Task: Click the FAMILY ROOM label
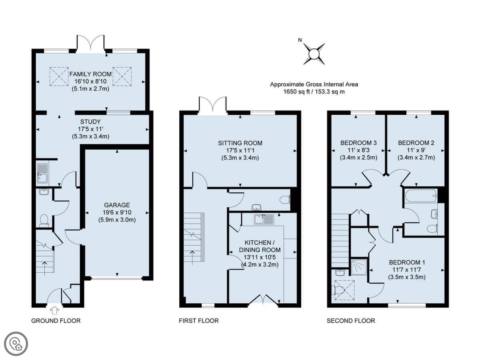coord(90,74)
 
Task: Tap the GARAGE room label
coord(117,205)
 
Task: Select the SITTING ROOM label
coord(240,143)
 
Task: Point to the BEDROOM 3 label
coord(358,143)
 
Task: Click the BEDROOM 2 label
coord(416,143)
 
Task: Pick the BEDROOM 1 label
coord(407,262)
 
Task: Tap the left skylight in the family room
coord(59,76)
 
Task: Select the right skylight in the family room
coord(122,76)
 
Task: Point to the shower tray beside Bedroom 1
coord(359,267)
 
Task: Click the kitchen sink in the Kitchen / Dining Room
coord(264,219)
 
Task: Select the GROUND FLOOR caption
coord(56,321)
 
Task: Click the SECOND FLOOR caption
coord(351,321)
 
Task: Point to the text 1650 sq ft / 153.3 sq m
coord(314,92)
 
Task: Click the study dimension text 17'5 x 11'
coord(90,129)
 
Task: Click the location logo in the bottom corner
coord(16,344)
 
